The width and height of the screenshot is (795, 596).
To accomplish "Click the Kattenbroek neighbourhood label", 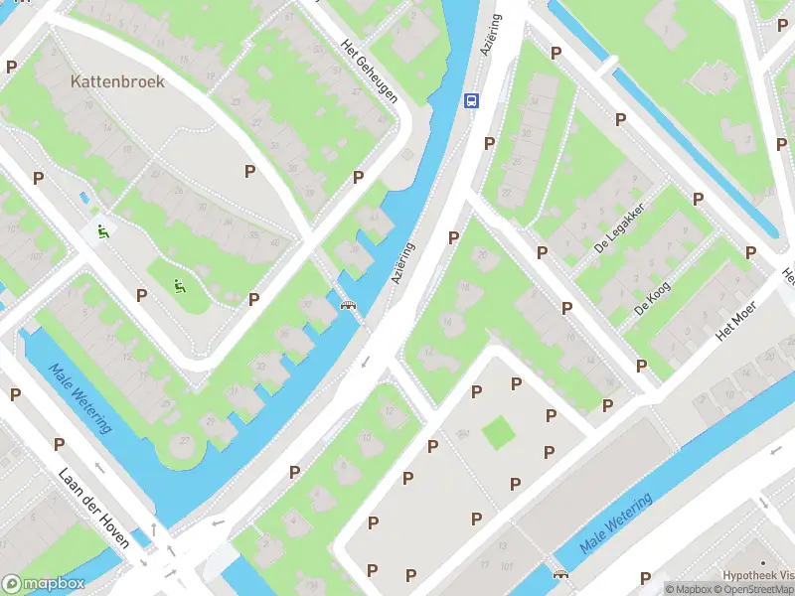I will click(x=117, y=81).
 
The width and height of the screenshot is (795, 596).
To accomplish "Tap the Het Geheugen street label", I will click(x=369, y=72).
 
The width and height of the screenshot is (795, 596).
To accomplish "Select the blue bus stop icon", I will click(x=471, y=100).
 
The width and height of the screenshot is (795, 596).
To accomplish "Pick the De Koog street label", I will click(x=652, y=298).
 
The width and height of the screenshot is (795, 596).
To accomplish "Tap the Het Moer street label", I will click(x=737, y=319).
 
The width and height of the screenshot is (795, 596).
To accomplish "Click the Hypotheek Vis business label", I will click(x=758, y=575).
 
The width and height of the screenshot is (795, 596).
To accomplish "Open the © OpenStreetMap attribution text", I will click(x=756, y=589).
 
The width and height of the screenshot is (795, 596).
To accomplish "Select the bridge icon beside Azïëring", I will click(x=349, y=305).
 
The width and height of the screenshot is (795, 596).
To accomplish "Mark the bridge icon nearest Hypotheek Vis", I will click(x=560, y=573).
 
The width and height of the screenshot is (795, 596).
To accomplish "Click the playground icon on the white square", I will click(x=102, y=232).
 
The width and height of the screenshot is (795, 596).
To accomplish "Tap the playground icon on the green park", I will click(x=180, y=288).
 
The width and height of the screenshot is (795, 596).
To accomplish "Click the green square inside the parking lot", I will click(x=498, y=432).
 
